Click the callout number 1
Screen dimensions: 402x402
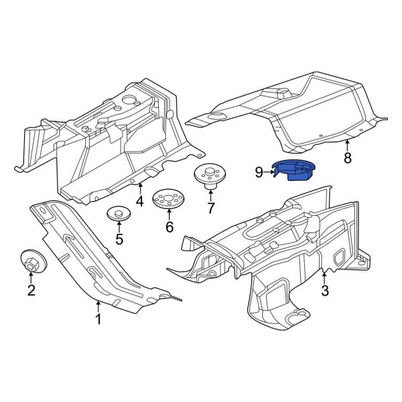(x=98, y=320)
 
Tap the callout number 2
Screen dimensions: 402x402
(x=31, y=289)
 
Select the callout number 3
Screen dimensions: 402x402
(x=325, y=290)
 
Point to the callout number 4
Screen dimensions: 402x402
(x=139, y=200)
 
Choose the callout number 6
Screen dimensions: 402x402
(x=169, y=227)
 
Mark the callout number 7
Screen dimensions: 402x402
(x=210, y=208)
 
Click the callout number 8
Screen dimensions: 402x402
(x=347, y=158)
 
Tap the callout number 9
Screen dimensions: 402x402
(x=259, y=172)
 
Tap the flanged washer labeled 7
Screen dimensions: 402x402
(x=209, y=176)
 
